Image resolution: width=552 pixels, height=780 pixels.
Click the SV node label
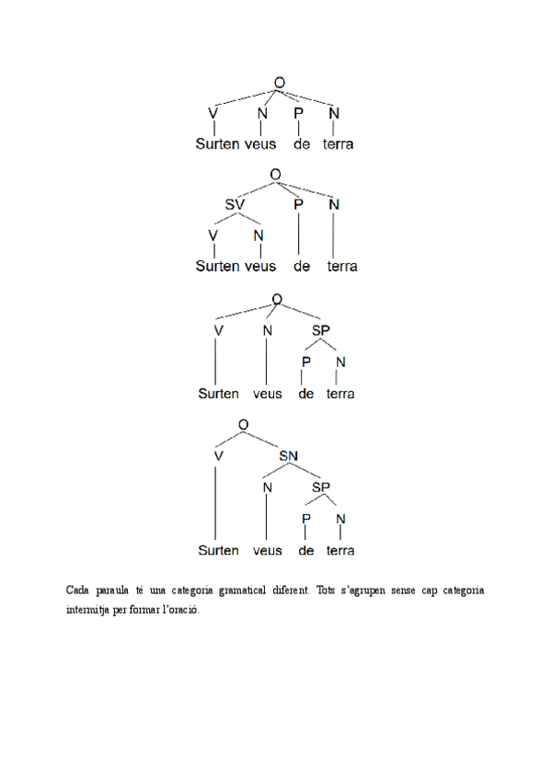[236, 204]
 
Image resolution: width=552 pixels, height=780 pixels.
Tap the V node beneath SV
[213, 235]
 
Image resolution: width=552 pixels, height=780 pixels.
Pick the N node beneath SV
[259, 235]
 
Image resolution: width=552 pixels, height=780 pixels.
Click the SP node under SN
[321, 487]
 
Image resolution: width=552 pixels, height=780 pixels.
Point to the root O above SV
[274, 174]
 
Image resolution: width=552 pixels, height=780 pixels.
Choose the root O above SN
[243, 424]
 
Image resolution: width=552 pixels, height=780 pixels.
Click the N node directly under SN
[266, 487]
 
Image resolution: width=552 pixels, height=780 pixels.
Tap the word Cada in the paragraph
[79, 590]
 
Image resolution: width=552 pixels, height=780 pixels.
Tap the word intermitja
[86, 609]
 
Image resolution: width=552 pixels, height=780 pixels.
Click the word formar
[145, 609]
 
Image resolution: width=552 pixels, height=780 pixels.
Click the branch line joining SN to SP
[306, 471]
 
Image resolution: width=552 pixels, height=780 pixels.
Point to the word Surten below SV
[217, 267]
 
